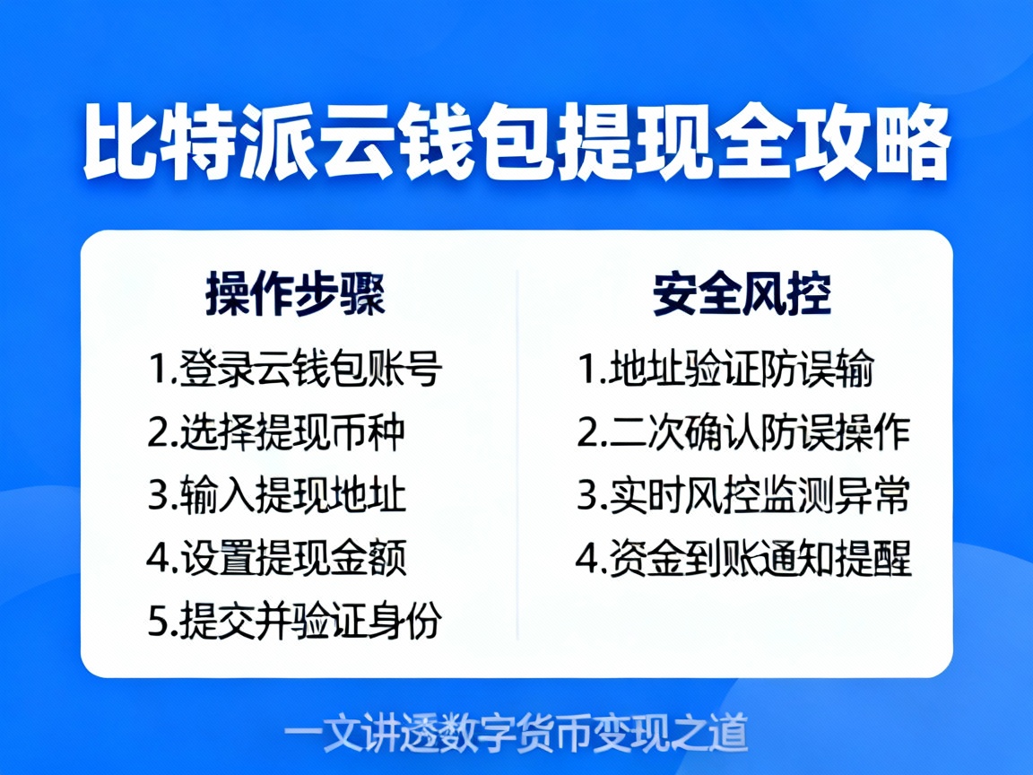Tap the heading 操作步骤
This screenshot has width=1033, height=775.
point(295,294)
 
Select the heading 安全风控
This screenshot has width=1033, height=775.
point(742,294)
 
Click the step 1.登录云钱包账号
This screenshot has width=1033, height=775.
point(295,370)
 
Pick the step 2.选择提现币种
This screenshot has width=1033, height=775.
point(277,432)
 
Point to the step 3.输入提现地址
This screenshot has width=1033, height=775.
point(277,495)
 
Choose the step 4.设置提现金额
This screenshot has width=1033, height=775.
point(277,558)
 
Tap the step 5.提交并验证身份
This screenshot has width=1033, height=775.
point(295,621)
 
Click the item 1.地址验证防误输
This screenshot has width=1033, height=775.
point(725,370)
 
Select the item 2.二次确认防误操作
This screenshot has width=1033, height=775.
point(743,432)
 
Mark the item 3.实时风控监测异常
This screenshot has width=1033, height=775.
point(743,495)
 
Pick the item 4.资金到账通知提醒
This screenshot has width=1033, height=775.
point(743,558)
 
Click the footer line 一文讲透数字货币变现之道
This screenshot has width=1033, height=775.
point(516,732)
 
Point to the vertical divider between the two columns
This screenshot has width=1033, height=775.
point(517,453)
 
